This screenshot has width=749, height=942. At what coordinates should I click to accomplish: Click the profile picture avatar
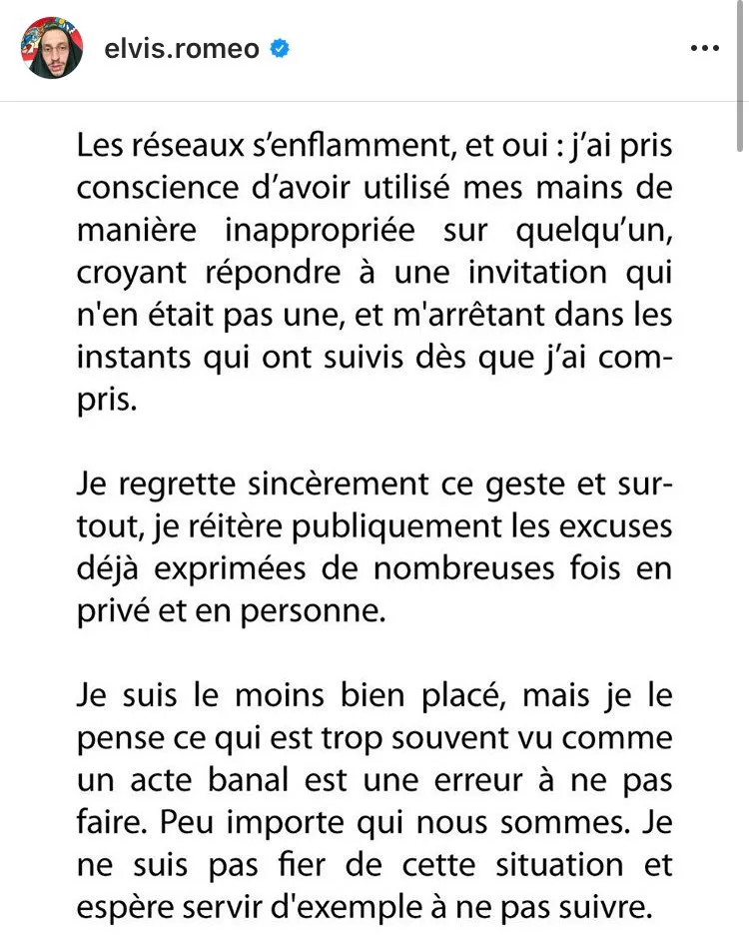52,48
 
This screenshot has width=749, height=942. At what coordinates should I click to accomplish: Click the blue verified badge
280,48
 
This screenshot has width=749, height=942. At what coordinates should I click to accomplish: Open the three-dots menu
705,48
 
